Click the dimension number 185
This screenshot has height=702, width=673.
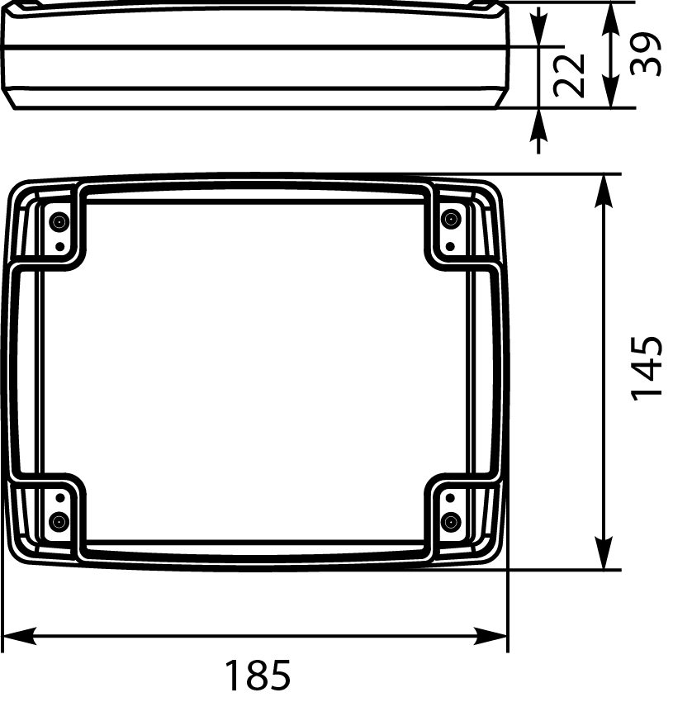[258, 676]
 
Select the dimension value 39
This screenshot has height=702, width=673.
[646, 55]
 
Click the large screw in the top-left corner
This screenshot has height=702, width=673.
[59, 221]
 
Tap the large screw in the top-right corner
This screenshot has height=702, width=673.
[450, 219]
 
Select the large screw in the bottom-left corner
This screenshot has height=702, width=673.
[59, 521]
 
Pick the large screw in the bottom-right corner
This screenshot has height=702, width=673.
[450, 521]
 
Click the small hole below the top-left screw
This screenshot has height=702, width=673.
[59, 246]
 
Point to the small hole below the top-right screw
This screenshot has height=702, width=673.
[450, 245]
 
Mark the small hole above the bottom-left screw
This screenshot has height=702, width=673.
[59, 496]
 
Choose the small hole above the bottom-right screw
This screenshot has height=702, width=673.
[450, 496]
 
